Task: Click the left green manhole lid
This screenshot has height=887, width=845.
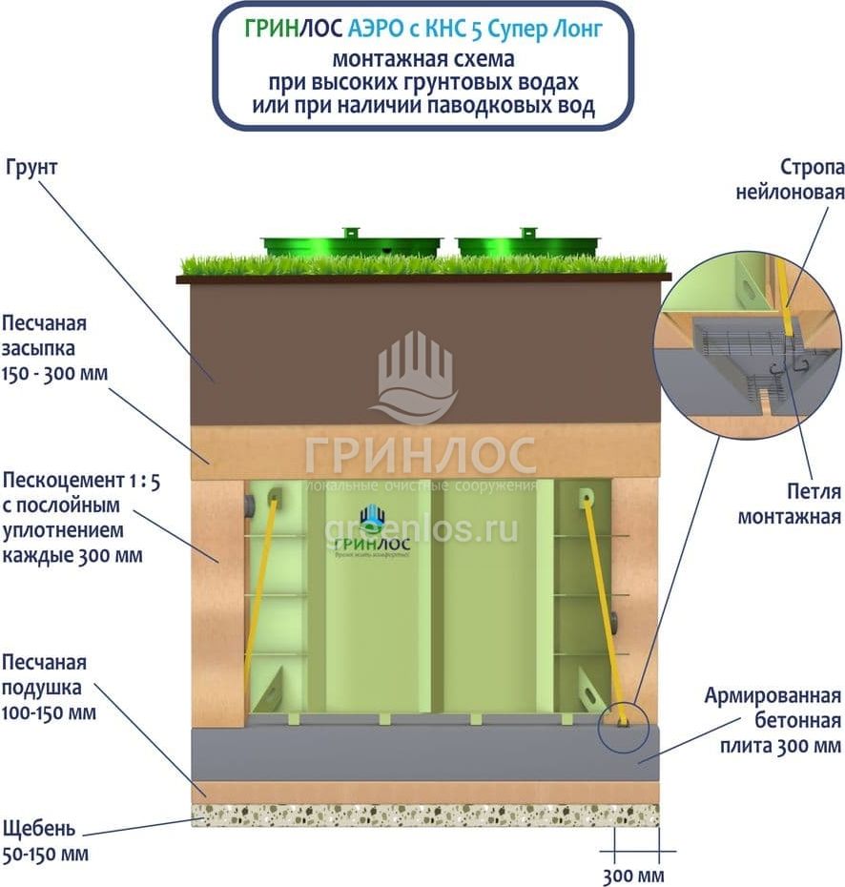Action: point(352,244)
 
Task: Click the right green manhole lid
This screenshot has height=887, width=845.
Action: point(527,244)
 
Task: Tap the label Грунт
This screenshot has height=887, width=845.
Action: point(32,168)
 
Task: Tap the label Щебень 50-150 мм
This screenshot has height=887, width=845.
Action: point(46,840)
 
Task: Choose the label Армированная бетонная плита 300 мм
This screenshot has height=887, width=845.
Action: point(773,719)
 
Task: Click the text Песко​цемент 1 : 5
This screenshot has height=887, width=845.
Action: point(81,482)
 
